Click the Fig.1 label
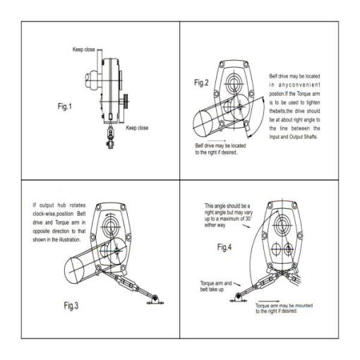[x=65, y=107]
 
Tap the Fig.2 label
[x=201, y=83]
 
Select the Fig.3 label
[x=71, y=306]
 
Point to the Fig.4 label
[x=224, y=247]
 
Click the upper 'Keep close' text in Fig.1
[x=84, y=49]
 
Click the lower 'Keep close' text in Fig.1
[x=137, y=128]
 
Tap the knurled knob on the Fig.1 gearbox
[x=126, y=101]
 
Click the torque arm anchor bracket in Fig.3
[x=155, y=300]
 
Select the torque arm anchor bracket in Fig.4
[x=238, y=298]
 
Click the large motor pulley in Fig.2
[x=203, y=123]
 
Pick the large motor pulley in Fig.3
[x=74, y=270]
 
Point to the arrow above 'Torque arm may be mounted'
[x=269, y=301]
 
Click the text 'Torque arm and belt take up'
[x=216, y=286]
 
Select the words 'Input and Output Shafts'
[x=293, y=137]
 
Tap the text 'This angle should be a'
[x=227, y=206]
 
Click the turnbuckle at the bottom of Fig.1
[x=110, y=138]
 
